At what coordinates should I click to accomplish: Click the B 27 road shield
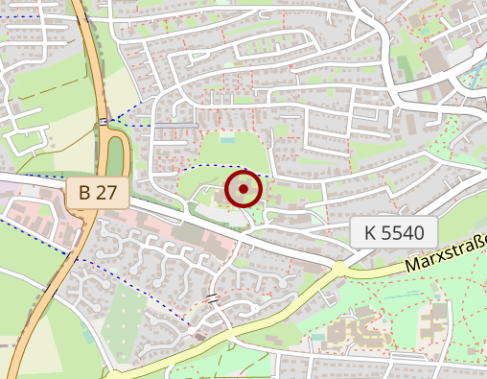[x=98, y=192]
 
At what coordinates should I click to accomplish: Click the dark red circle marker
[x=243, y=189]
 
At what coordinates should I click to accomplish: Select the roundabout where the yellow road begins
[x=338, y=269]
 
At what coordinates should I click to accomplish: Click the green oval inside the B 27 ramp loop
[x=116, y=155]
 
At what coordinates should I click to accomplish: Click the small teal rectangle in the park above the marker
[x=226, y=139]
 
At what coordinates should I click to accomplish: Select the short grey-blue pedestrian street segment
[x=176, y=125]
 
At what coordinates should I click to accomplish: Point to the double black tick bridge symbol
[x=213, y=298]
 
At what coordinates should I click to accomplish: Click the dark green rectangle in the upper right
[x=404, y=68]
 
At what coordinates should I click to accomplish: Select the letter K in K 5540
[x=370, y=231]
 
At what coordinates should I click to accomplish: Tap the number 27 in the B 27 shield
[x=108, y=192]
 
